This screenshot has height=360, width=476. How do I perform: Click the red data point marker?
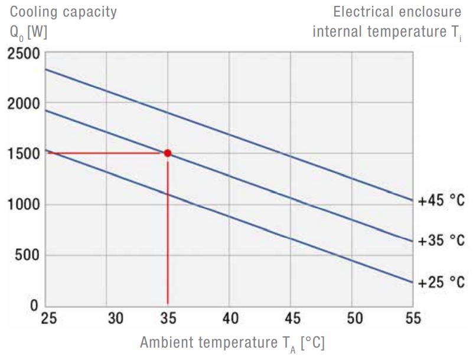[x=168, y=153]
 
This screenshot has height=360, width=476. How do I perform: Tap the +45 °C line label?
[x=441, y=201]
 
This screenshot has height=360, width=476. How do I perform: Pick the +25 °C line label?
[x=441, y=282]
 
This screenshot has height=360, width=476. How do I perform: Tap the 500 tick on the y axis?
[x=27, y=255]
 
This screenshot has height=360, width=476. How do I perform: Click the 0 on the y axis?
[x=34, y=306]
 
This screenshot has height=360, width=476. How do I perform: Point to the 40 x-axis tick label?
[x=230, y=319]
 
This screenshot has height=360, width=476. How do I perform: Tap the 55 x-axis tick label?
[x=413, y=319]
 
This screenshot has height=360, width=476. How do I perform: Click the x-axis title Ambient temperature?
[x=232, y=343]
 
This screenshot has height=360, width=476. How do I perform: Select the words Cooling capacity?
[x=63, y=12]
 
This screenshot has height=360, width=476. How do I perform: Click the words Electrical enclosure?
[x=397, y=12]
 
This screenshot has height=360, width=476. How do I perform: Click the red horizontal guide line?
[x=106, y=153]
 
